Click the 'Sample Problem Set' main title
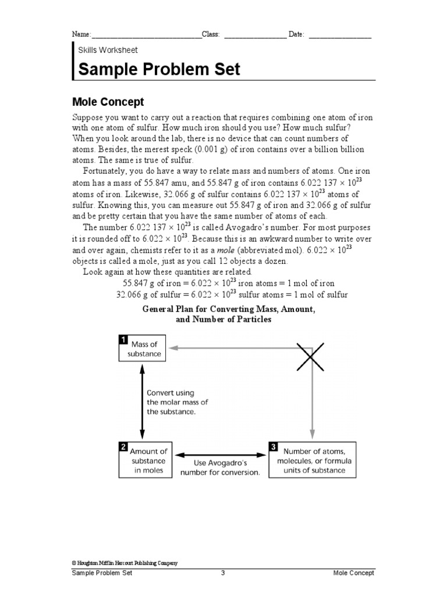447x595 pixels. pyautogui.click(x=159, y=70)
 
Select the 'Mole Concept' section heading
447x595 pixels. pyautogui.click(x=108, y=102)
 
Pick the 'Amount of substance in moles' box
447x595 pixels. pyautogui.click(x=148, y=460)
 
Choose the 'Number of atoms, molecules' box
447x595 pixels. pyautogui.click(x=313, y=460)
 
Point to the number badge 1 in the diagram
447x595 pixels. pyautogui.click(x=123, y=339)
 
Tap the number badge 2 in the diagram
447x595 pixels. pyautogui.click(x=123, y=446)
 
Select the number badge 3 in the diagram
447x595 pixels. pyautogui.click(x=273, y=446)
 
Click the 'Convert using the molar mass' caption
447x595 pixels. pyautogui.click(x=177, y=402)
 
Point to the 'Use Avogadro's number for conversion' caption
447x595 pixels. pyautogui.click(x=220, y=468)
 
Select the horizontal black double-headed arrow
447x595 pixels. pyautogui.click(x=220, y=454)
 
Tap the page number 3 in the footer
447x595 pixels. pyautogui.click(x=223, y=573)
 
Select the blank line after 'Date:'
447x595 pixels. pyautogui.click(x=340, y=35)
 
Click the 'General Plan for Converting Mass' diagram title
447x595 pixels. pyautogui.click(x=229, y=314)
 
